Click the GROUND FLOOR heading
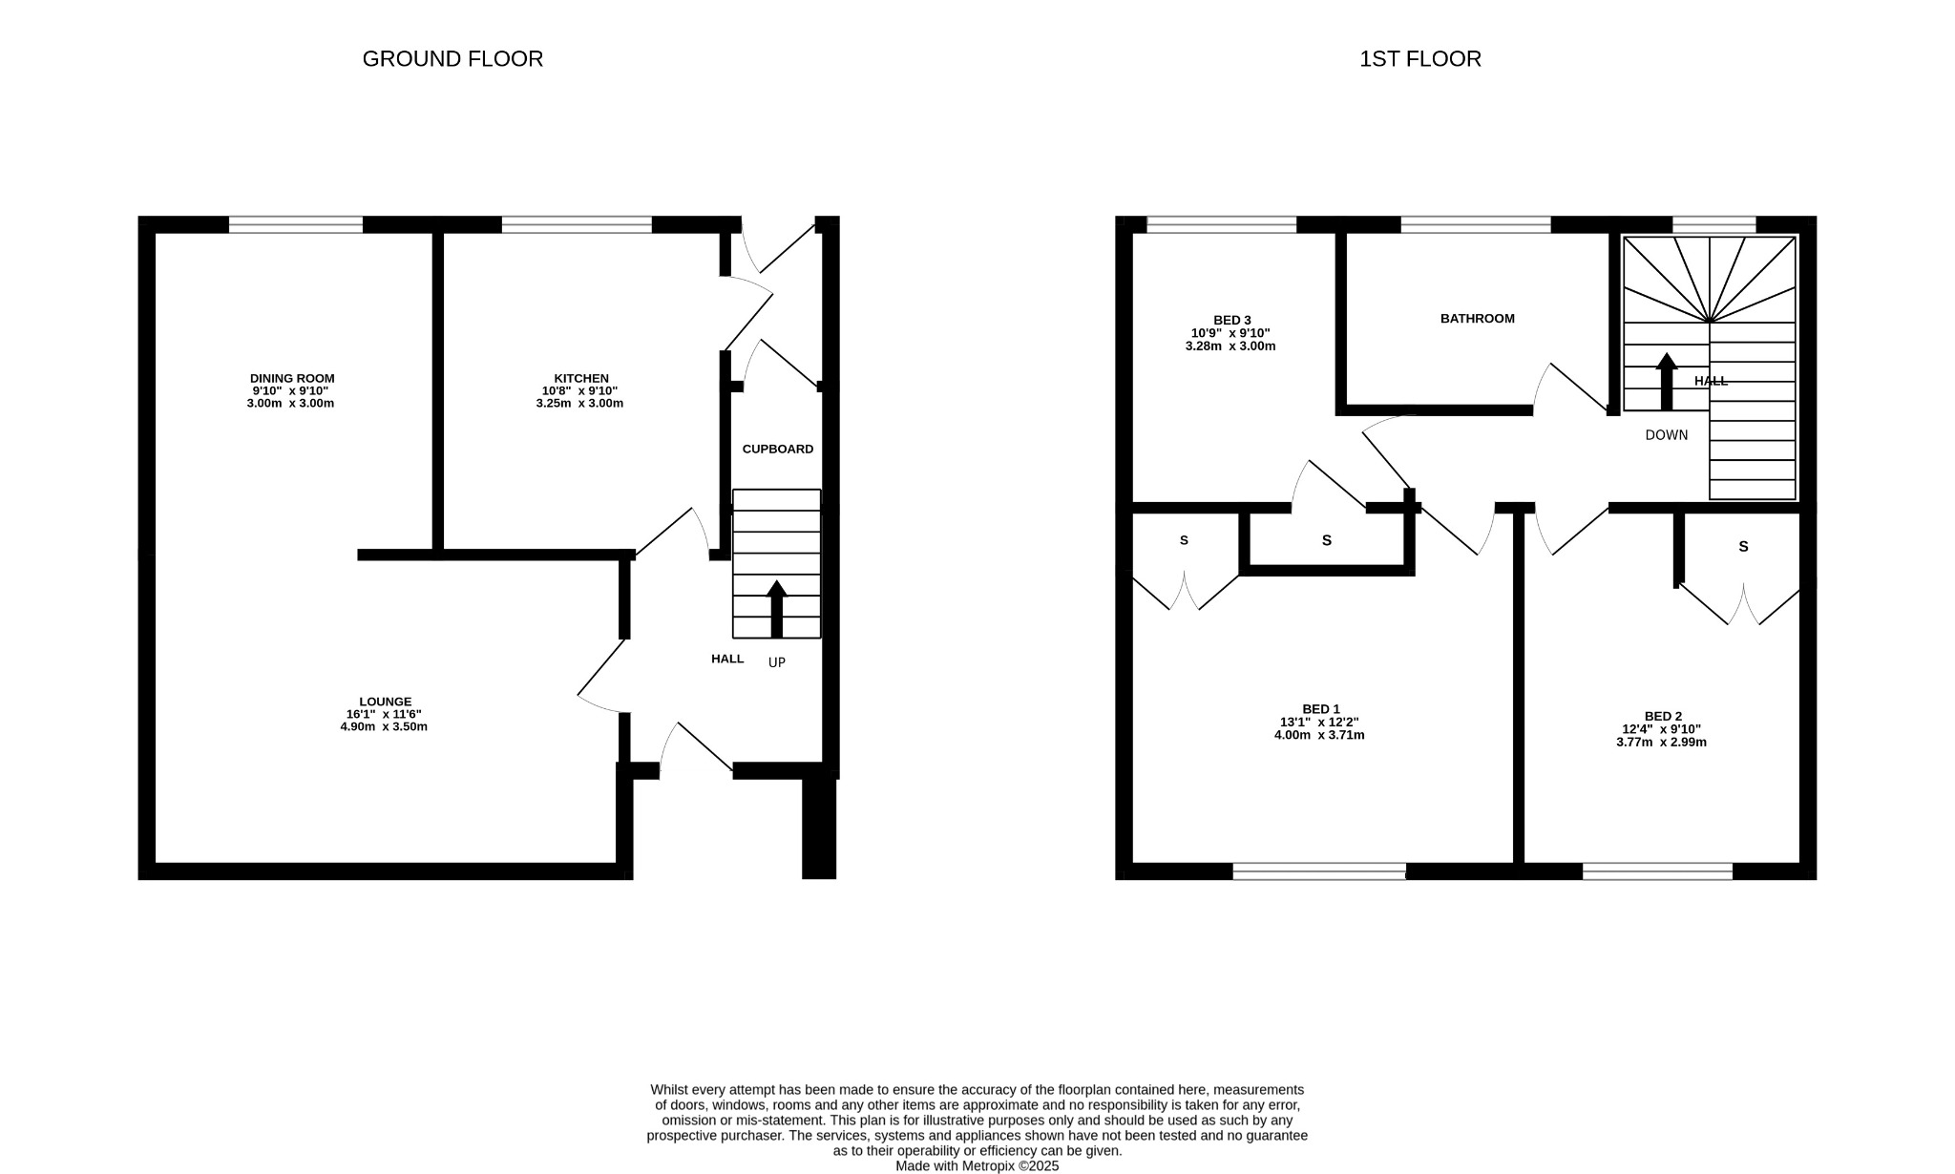coord(452,59)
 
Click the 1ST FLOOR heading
coord(1419,59)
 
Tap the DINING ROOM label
coord(292,379)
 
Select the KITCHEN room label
coord(581,379)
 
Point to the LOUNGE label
coord(386,702)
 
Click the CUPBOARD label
coord(778,449)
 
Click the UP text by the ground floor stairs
coord(777,661)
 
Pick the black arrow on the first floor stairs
coord(1667,381)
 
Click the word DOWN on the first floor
coord(1667,435)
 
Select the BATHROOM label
coord(1477,319)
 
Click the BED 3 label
coord(1231,320)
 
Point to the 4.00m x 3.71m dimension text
coord(1319,735)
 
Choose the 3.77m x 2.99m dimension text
coord(1661,742)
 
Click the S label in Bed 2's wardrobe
coord(1743,547)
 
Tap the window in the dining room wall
coord(296,225)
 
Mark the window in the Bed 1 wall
coord(1319,870)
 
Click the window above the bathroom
coord(1476,225)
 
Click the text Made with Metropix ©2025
coord(977,1165)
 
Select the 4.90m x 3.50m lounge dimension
coord(385,726)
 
